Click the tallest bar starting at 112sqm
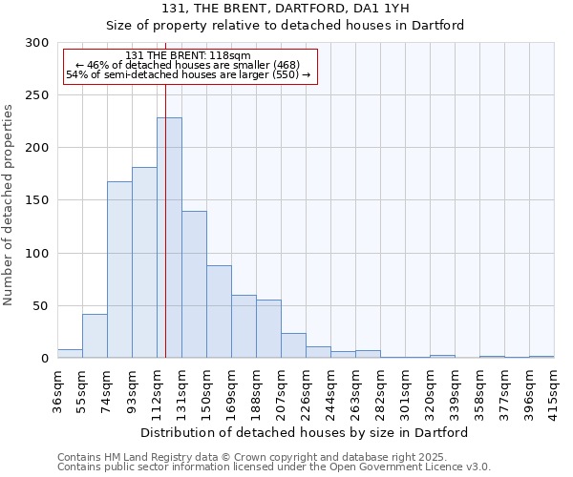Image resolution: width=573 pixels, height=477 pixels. [169, 238]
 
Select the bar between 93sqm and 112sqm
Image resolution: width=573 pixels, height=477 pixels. [144, 263]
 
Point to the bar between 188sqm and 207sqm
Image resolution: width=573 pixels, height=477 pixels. [268, 329]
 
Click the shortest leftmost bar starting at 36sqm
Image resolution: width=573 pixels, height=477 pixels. [70, 354]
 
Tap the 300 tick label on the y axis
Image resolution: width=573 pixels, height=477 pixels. [37, 43]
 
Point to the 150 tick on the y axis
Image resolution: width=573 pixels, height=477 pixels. [37, 200]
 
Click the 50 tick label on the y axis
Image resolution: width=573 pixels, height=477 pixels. [41, 306]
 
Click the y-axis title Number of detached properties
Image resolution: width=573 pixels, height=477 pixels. [10, 205]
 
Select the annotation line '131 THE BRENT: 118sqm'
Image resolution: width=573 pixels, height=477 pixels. [188, 56]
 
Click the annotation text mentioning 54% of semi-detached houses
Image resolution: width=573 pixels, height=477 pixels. [188, 74]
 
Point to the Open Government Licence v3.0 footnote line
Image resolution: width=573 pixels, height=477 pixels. [274, 467]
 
